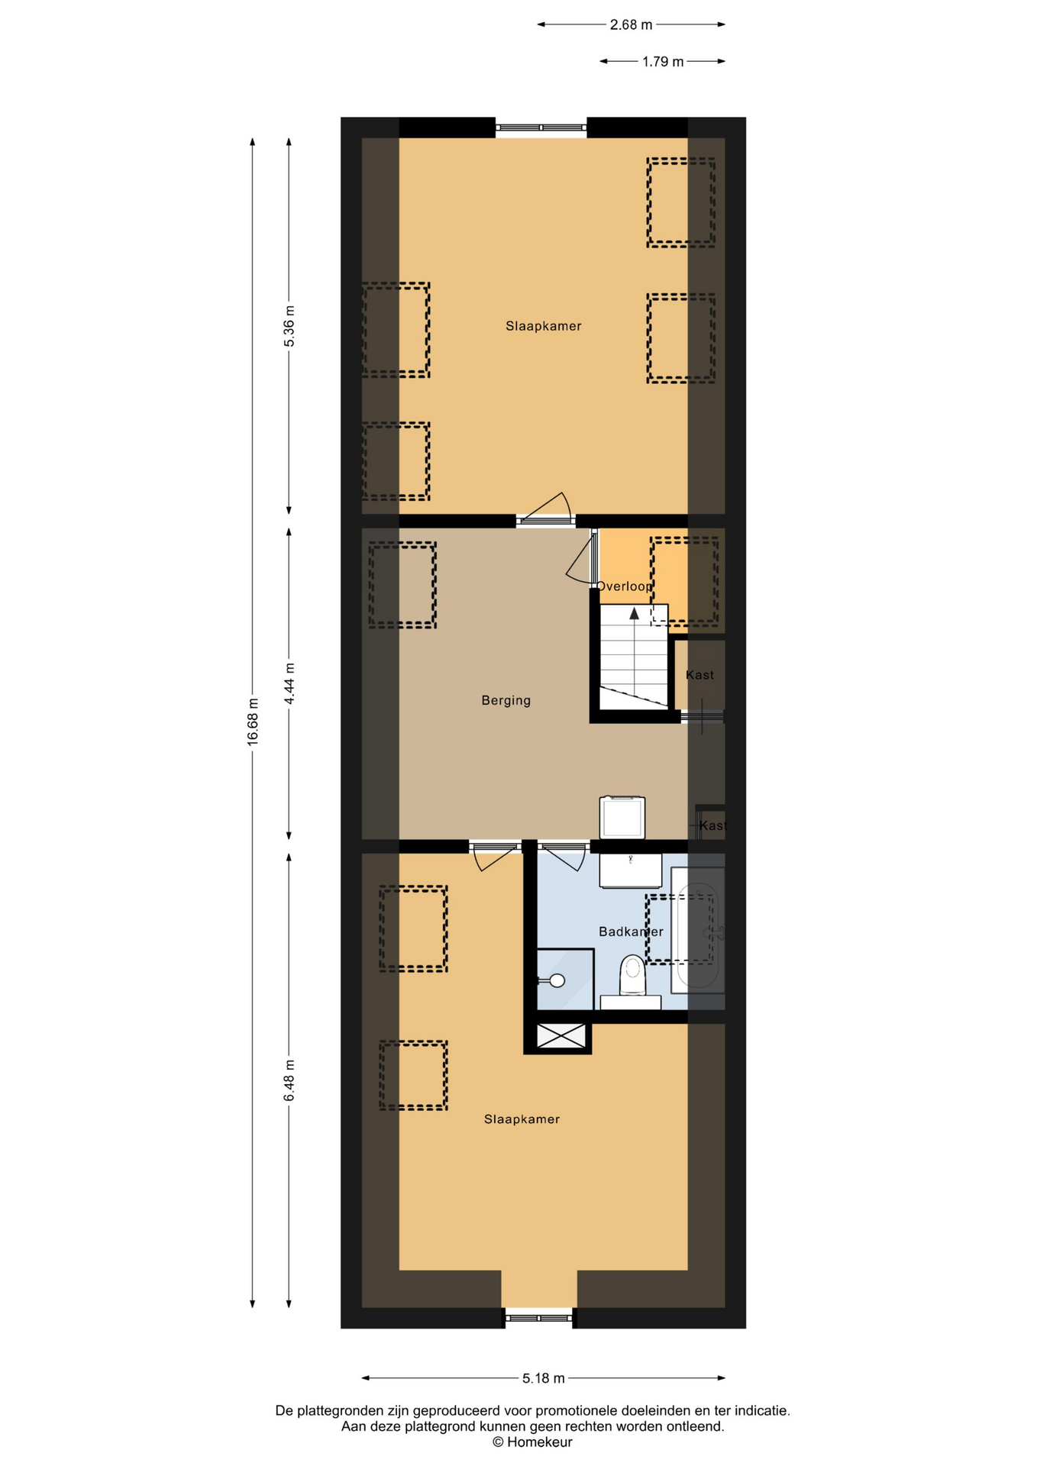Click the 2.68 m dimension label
[x=631, y=24]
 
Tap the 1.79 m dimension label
[x=663, y=62]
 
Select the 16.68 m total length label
[x=253, y=722]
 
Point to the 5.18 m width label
[x=544, y=1378]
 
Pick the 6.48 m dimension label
[x=289, y=1081]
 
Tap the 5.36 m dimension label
[x=289, y=326]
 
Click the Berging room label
[x=506, y=700]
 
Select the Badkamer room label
[x=631, y=932]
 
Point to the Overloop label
[x=625, y=586]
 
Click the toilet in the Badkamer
[x=632, y=977]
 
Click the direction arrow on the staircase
[x=634, y=612]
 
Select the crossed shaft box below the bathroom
[x=561, y=1035]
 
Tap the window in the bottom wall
[x=538, y=1318]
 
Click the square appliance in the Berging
[x=622, y=818]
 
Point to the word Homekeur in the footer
[x=539, y=1442]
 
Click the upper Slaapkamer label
[x=544, y=326]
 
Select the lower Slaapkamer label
[x=522, y=1119]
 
